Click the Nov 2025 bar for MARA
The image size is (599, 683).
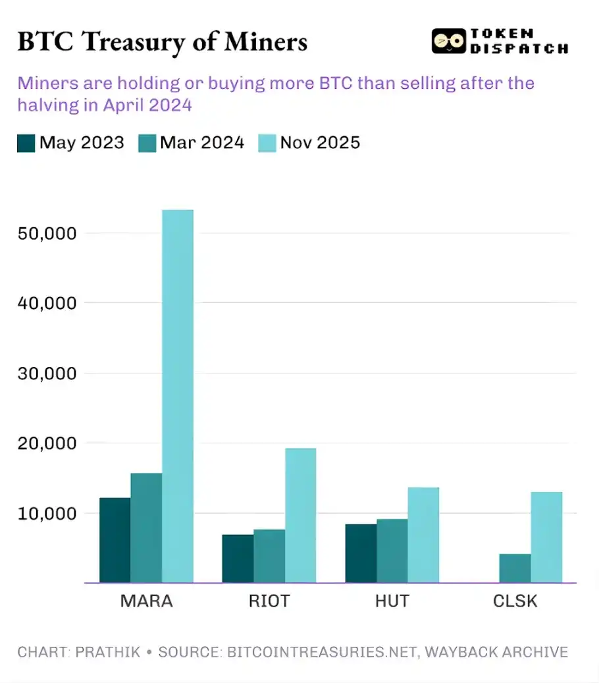coord(178,396)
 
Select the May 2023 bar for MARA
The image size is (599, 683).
coord(115,540)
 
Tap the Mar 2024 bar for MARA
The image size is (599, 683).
coord(146,528)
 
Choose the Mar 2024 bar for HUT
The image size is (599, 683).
coord(392,551)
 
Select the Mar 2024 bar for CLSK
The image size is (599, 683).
coord(515,568)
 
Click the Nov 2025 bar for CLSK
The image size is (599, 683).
coord(546,537)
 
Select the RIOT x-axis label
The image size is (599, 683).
coord(269,601)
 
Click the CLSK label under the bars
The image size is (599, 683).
coord(515,601)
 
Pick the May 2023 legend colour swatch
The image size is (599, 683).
coord(26,143)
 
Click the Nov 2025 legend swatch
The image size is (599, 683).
coord(267,143)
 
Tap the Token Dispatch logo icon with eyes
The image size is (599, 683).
coord(448,41)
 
